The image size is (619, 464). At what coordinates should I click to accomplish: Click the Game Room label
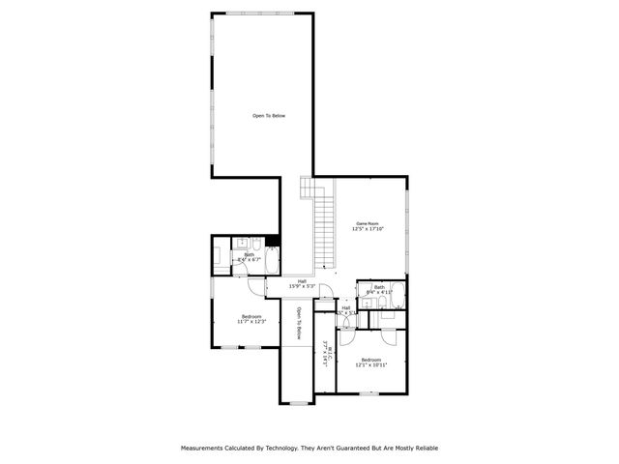(368, 222)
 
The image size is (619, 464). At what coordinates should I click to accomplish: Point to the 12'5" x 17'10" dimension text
(368, 229)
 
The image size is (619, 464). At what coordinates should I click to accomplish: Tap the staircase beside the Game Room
(324, 227)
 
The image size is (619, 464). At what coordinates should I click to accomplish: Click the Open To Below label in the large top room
(269, 116)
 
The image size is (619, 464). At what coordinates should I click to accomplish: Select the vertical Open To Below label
(300, 323)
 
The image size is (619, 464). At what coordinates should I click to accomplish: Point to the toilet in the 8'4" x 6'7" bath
(272, 256)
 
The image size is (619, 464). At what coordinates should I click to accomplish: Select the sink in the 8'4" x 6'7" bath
(247, 242)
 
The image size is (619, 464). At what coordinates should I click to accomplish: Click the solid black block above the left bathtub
(273, 240)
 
